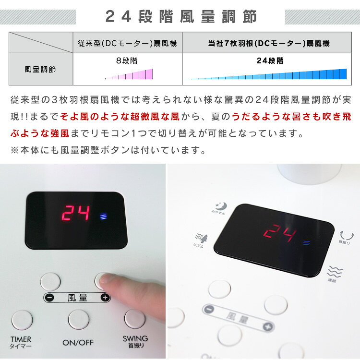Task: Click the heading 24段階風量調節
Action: coord(181,17)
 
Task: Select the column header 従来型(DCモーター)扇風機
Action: coord(127,43)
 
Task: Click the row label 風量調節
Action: coord(40,69)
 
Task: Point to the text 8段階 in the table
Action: coord(128,61)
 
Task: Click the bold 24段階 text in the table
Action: coord(269,61)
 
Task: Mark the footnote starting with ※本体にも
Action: coord(108,150)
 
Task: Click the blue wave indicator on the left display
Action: coord(103,216)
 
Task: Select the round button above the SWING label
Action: coord(134,319)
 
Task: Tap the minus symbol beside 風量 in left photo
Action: coord(50,298)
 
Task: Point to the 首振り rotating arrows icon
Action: coord(345,235)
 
